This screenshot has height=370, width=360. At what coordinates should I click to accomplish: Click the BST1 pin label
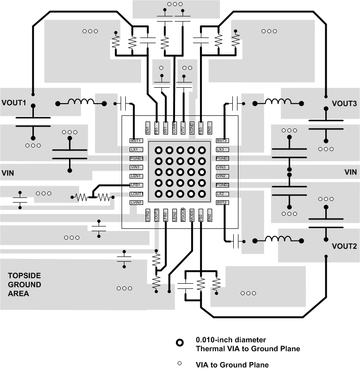(136, 141)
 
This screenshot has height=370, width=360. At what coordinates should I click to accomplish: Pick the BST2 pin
(222, 203)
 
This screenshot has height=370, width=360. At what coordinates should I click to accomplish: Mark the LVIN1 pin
(136, 203)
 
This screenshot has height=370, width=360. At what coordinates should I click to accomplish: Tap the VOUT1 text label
(15, 103)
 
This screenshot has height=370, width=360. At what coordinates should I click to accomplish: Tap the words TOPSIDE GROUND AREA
(24, 285)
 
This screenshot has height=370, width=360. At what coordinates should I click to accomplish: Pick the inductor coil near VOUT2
(278, 240)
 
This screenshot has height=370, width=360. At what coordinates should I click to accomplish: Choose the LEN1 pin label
(136, 176)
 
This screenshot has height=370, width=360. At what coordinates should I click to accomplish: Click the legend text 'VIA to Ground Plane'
(232, 364)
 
